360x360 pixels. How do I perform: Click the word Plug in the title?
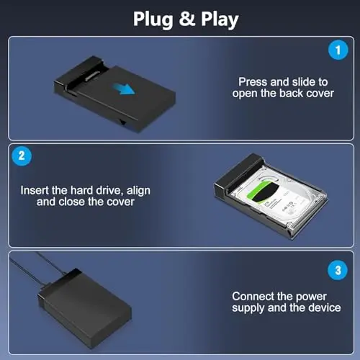click(x=153, y=19)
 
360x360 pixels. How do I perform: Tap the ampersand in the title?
click(x=187, y=19)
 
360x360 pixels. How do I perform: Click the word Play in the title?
click(x=220, y=20)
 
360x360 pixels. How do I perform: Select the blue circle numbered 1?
click(x=338, y=50)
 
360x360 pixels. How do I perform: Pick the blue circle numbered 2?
click(x=22, y=156)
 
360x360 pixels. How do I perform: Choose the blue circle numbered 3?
click(x=338, y=270)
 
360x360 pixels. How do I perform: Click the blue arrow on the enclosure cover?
click(x=125, y=89)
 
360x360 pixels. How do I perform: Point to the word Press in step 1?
click(x=253, y=82)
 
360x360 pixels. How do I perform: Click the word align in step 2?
click(x=138, y=192)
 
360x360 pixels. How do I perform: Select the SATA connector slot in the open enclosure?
click(x=89, y=76)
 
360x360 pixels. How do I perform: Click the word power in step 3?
click(x=311, y=297)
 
